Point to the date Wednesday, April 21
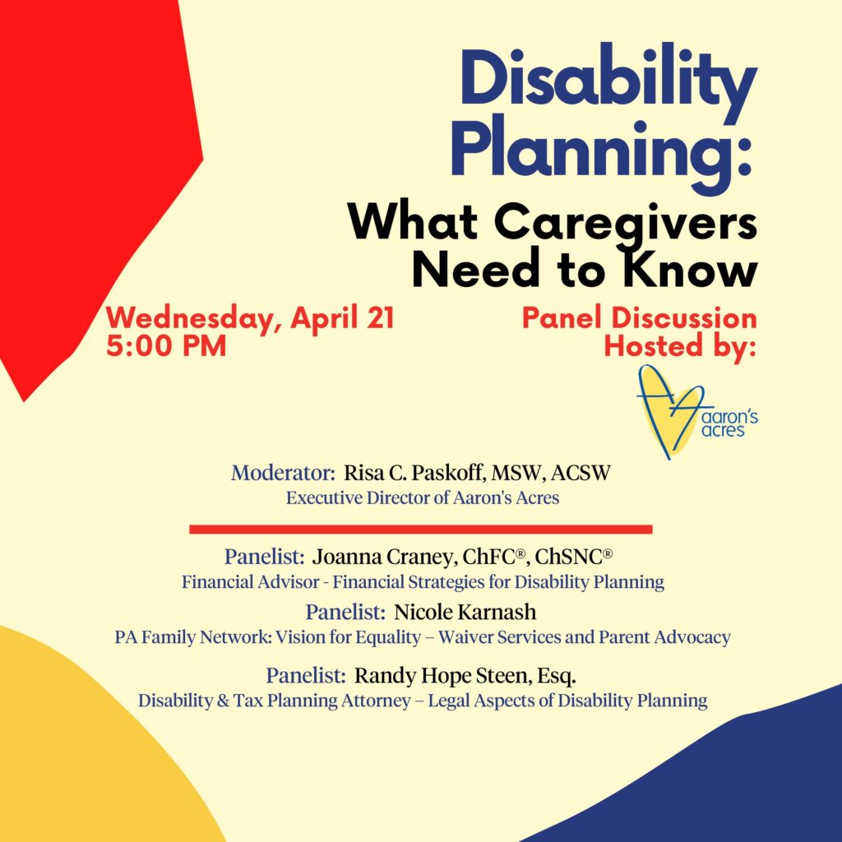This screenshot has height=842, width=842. [x=250, y=318]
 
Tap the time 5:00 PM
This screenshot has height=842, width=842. [x=166, y=345]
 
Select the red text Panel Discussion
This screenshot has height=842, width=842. [x=640, y=318]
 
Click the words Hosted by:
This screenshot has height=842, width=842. [x=680, y=346]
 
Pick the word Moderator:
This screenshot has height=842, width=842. [x=283, y=473]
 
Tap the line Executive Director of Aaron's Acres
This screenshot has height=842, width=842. [x=423, y=497]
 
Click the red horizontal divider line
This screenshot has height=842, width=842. [x=421, y=530]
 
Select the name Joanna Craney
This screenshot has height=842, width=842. [x=383, y=557]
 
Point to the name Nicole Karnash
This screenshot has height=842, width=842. [x=465, y=612]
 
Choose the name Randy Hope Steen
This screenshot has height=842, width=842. [x=441, y=676]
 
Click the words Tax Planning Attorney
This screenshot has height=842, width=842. [x=322, y=701]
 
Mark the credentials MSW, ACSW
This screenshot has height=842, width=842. [x=551, y=474]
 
